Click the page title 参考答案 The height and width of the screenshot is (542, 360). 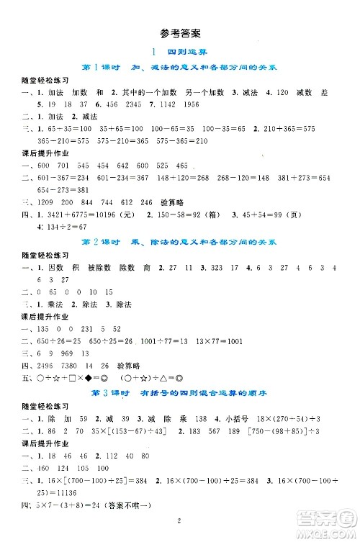(x=180, y=33)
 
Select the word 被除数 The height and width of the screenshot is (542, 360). (x=100, y=267)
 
